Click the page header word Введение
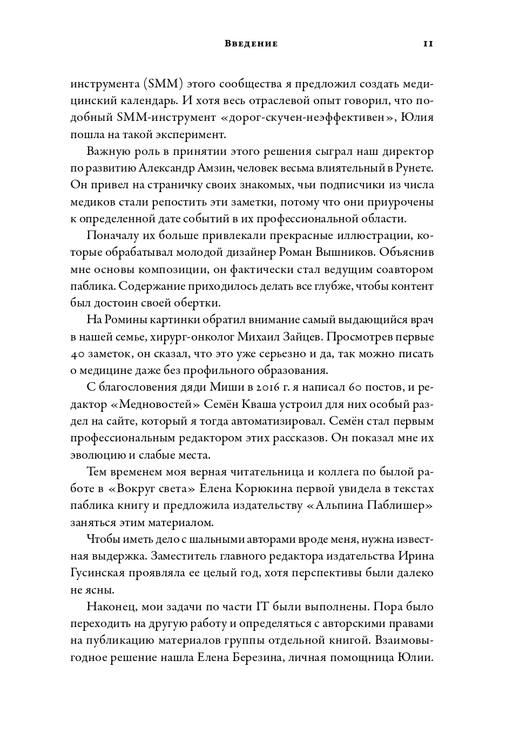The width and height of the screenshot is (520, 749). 251,44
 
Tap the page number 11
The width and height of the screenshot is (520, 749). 428,44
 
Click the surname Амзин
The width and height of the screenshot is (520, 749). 214,168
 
